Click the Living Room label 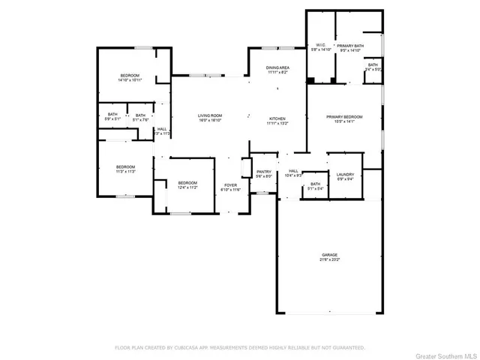pyautogui.click(x=210, y=115)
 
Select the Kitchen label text pyautogui.click(x=278, y=118)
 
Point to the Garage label pyautogui.click(x=329, y=255)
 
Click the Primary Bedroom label pyautogui.click(x=344, y=117)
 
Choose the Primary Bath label pyautogui.click(x=349, y=46)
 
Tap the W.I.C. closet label pyautogui.click(x=320, y=45)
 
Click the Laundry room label pyautogui.click(x=345, y=174)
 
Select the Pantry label pyautogui.click(x=263, y=172)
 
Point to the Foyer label pyautogui.click(x=230, y=184)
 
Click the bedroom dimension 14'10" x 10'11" pyautogui.click(x=130, y=79)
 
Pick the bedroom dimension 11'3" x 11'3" pyautogui.click(x=125, y=171)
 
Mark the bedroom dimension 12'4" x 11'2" pyautogui.click(x=187, y=188)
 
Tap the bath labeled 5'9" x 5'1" pyautogui.click(x=112, y=118)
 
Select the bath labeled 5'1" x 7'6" pyautogui.click(x=140, y=118)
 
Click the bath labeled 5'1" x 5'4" pyautogui.click(x=316, y=189)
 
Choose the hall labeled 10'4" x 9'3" pyautogui.click(x=293, y=175)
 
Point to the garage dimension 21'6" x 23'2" pyautogui.click(x=329, y=259)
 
